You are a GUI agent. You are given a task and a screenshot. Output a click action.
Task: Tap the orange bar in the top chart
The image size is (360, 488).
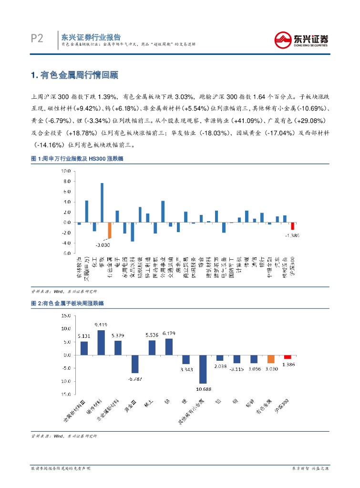[109, 231]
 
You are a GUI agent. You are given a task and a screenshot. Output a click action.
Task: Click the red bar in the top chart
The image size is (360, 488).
[292, 226]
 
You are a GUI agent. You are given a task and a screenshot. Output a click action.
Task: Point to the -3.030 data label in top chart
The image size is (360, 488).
[102, 245]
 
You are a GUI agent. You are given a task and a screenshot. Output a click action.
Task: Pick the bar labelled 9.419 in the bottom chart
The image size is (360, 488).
[101, 343]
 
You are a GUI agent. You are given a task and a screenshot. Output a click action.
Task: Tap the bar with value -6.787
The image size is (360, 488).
[135, 364]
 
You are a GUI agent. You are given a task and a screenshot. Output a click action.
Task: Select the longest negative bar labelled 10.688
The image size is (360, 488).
[203, 369]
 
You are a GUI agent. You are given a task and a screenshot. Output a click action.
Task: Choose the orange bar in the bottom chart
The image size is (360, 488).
[270, 359]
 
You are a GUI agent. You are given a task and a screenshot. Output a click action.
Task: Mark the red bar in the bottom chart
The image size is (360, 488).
[287, 357]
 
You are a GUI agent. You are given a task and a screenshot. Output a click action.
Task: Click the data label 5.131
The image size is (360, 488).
[84, 336]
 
